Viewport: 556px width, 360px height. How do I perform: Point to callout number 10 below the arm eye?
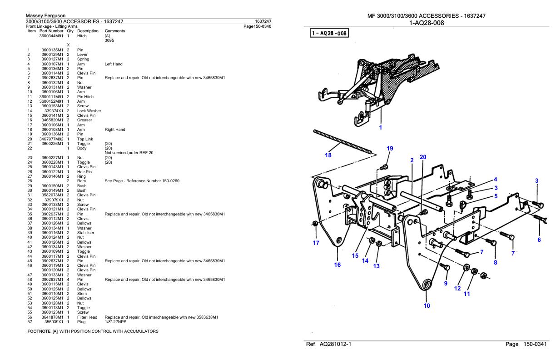coord(427,305)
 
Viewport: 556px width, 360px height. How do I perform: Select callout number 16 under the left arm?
coord(337,265)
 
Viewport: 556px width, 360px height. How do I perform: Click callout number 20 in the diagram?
coord(422,157)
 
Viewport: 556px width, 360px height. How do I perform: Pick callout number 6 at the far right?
coord(539,240)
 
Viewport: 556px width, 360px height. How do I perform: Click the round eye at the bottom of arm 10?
coord(427,285)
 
